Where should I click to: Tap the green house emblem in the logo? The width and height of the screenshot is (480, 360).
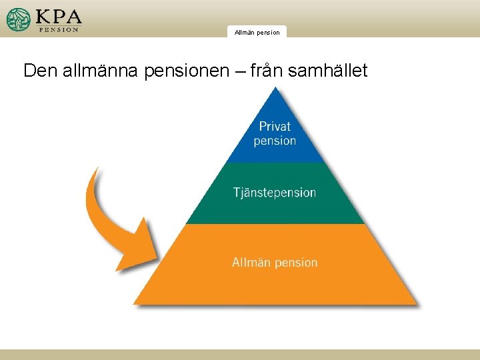19,20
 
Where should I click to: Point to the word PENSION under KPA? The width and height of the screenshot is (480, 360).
59,29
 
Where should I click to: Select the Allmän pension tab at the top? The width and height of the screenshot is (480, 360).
257,32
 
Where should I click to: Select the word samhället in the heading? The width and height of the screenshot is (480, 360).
327,71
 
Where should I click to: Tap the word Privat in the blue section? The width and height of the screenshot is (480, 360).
275,126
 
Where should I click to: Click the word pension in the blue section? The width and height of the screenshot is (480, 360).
275,141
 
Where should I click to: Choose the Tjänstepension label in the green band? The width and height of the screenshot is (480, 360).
275,193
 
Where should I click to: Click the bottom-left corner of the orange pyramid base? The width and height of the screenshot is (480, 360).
135,303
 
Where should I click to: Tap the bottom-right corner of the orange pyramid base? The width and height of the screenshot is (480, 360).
416,303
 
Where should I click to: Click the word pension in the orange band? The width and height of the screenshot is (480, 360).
295,263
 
